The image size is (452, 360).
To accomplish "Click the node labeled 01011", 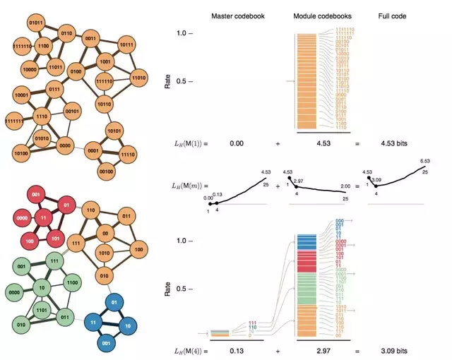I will (x=36, y=24).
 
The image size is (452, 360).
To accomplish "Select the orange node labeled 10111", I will (x=127, y=45).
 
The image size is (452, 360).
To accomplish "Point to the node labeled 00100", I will (x=107, y=171).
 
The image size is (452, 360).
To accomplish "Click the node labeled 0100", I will (x=75, y=73).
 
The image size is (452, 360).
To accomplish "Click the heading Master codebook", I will (x=237, y=16).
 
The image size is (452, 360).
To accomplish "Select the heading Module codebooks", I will (x=317, y=16).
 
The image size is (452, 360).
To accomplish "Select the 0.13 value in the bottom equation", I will (x=237, y=350).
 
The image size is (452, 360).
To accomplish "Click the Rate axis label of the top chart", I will (x=167, y=83).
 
